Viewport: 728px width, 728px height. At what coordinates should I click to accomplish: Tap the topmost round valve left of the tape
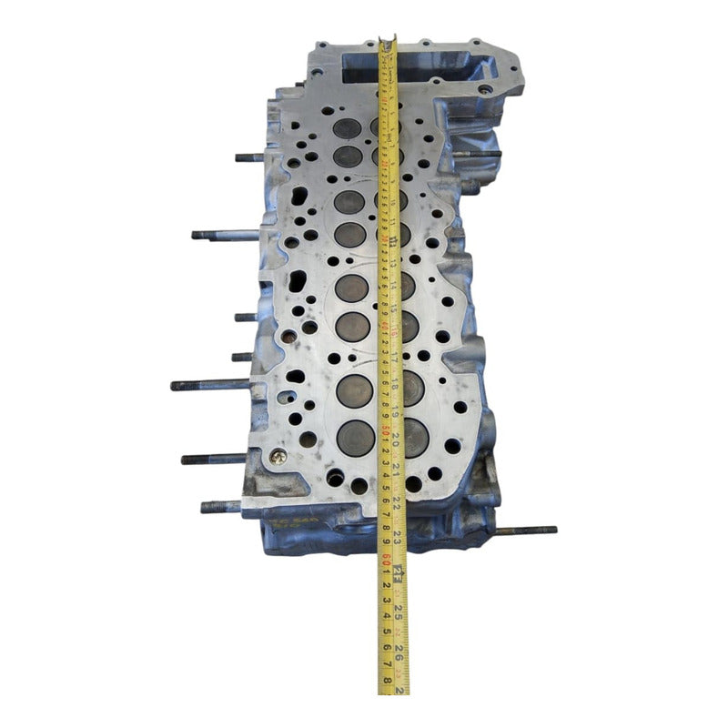click(x=346, y=129)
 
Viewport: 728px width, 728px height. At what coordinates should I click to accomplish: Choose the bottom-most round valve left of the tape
click(x=355, y=438)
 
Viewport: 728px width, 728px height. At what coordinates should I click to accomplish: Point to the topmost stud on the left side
click(x=248, y=157)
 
